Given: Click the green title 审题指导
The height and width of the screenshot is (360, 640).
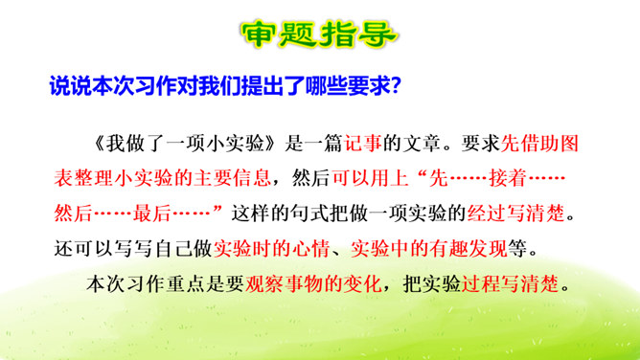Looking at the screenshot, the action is [x=319, y=34].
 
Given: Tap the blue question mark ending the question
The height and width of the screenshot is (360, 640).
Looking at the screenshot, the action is [x=396, y=85].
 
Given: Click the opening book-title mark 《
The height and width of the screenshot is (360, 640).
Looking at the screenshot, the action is [x=99, y=143].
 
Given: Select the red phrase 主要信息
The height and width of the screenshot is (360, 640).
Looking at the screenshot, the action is [x=232, y=178].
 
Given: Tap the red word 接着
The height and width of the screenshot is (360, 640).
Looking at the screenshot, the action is [x=507, y=178].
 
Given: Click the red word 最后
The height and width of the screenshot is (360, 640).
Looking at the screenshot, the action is [x=151, y=214].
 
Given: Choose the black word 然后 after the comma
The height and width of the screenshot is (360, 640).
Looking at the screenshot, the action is [x=311, y=178].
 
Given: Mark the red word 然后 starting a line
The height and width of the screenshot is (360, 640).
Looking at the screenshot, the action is [x=74, y=214].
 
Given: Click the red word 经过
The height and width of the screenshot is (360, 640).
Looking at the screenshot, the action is [x=487, y=214].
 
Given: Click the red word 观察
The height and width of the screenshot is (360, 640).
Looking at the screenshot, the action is [x=264, y=283].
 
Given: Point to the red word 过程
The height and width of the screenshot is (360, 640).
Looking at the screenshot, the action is [x=480, y=283].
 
